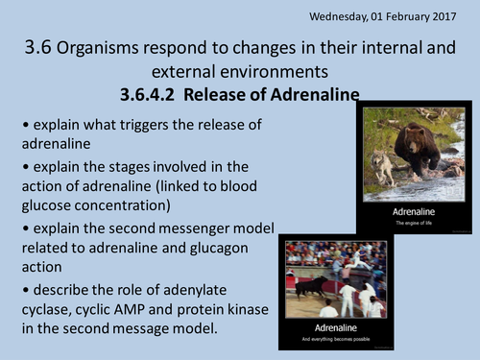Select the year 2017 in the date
[451, 16]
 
